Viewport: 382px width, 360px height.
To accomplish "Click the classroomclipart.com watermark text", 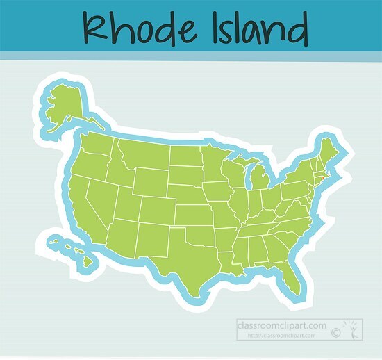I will coord(281,325).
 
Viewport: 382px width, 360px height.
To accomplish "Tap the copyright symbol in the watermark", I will coord(336,334).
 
